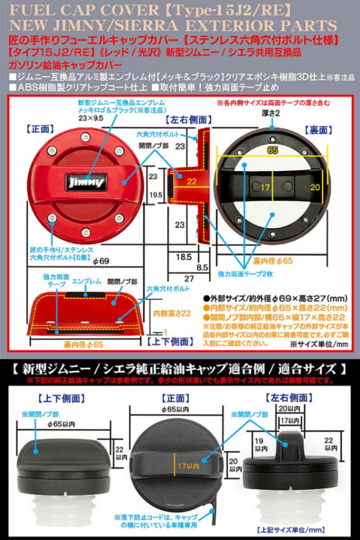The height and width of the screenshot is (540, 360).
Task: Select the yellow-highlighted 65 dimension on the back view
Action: pyautogui.click(x=272, y=150)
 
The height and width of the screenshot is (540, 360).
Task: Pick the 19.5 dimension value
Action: pyautogui.click(x=156, y=194)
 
